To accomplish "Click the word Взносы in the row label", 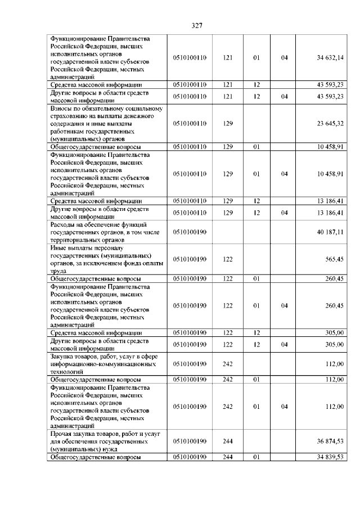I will pyautogui.click(x=62, y=109).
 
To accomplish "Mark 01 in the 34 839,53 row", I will pyautogui.click(x=256, y=457).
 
